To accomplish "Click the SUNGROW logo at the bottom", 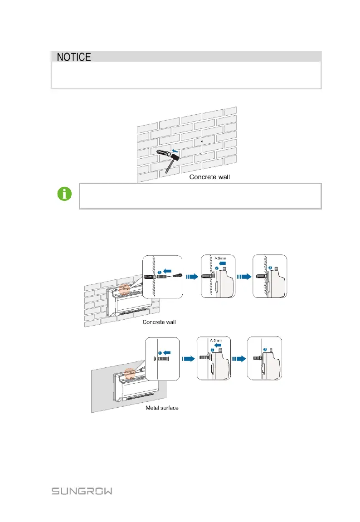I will pyautogui.click(x=82, y=491).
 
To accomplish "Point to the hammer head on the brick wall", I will pyautogui.click(x=174, y=156).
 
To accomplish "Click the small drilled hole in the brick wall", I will pyautogui.click(x=202, y=141).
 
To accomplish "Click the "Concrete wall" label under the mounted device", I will pyautogui.click(x=159, y=322).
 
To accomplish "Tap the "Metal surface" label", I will pyautogui.click(x=162, y=408).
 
